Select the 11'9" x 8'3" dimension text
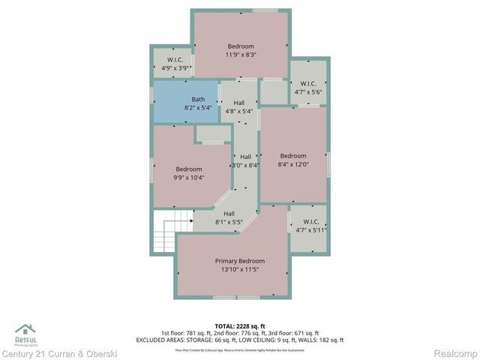(240, 55)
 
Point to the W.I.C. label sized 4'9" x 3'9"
(175, 60)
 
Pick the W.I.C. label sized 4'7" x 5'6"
(308, 83)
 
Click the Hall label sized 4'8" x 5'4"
(238, 103)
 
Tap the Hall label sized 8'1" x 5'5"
(229, 214)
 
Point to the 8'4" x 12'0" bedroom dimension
(292, 165)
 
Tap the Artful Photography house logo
(25, 329)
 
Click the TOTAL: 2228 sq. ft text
(240, 325)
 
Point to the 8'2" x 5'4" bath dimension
(198, 109)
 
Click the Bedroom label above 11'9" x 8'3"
(241, 46)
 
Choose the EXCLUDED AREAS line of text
(240, 340)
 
